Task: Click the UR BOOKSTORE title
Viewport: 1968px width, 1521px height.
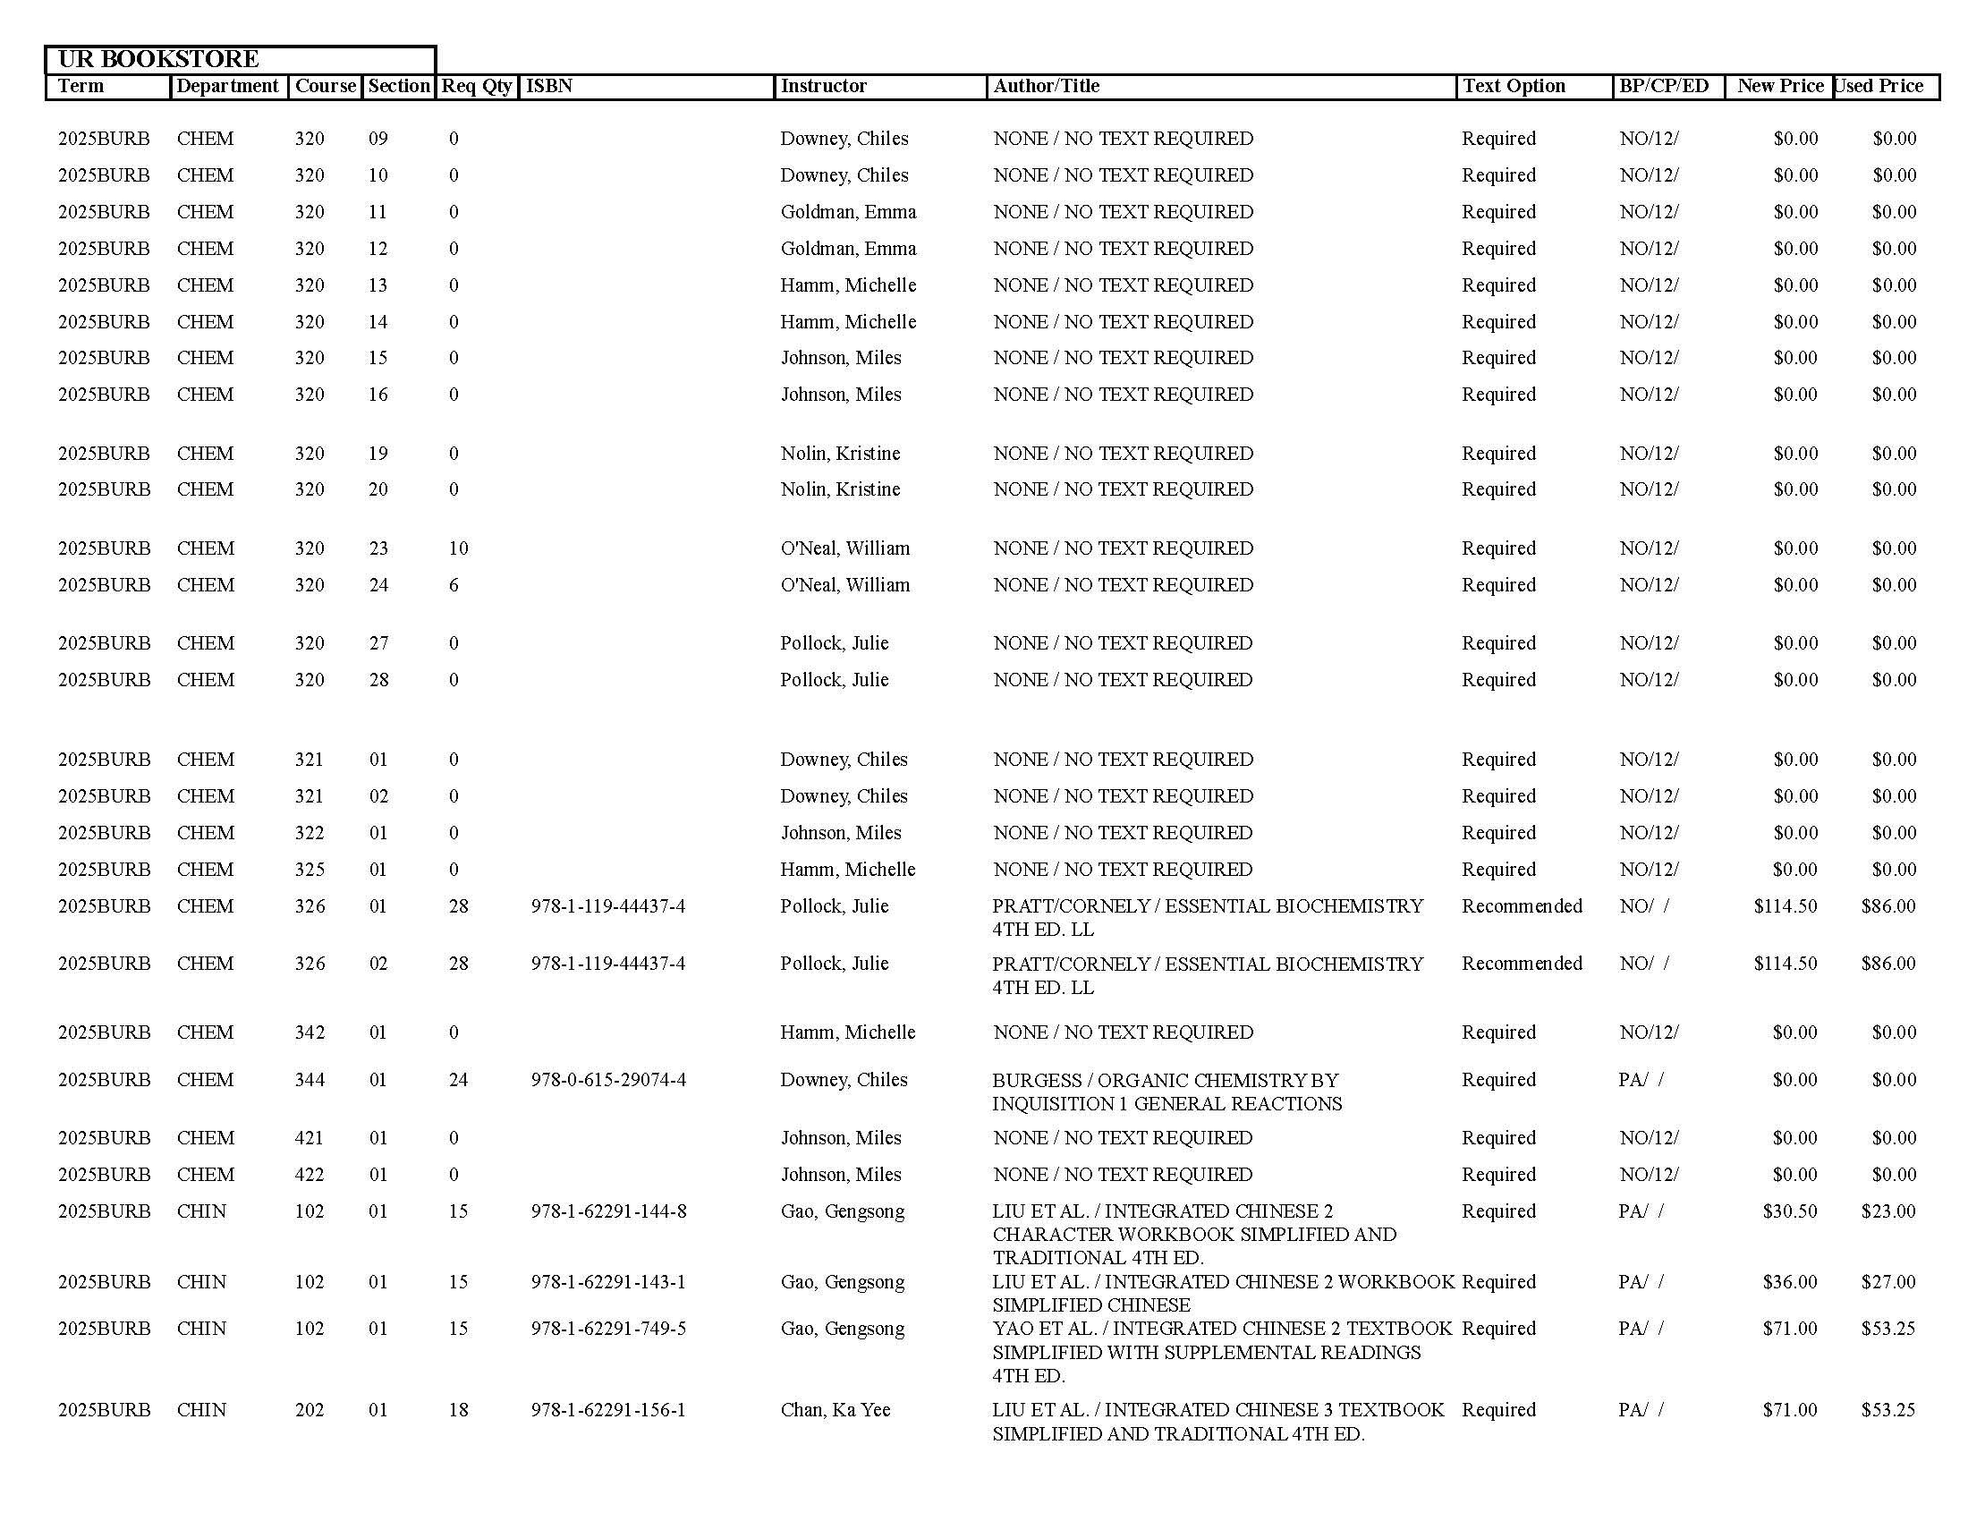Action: coord(158,59)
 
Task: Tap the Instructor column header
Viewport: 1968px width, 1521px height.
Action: coord(824,87)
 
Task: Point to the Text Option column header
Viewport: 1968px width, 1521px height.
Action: coord(1514,87)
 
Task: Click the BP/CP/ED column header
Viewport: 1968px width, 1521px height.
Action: coord(1664,87)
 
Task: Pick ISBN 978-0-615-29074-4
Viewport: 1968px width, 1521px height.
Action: coord(608,1080)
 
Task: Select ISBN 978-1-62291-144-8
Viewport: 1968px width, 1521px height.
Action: coord(608,1211)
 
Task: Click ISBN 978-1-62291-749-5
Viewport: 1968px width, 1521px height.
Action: coord(608,1328)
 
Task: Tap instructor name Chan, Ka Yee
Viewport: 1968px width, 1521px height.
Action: coord(836,1409)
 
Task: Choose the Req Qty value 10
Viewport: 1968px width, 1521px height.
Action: coord(459,548)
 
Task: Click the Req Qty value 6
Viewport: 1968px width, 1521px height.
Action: coord(454,585)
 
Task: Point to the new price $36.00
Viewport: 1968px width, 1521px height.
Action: coord(1790,1281)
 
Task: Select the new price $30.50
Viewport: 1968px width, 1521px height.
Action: coord(1790,1211)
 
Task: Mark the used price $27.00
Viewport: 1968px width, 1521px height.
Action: coord(1887,1281)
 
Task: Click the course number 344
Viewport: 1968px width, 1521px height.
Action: coord(310,1080)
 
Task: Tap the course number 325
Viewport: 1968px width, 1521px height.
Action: coord(310,870)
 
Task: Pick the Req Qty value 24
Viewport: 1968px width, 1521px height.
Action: coord(459,1080)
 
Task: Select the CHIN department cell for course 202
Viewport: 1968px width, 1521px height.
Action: coord(202,1409)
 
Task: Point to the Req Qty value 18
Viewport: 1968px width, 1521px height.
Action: coord(459,1409)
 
